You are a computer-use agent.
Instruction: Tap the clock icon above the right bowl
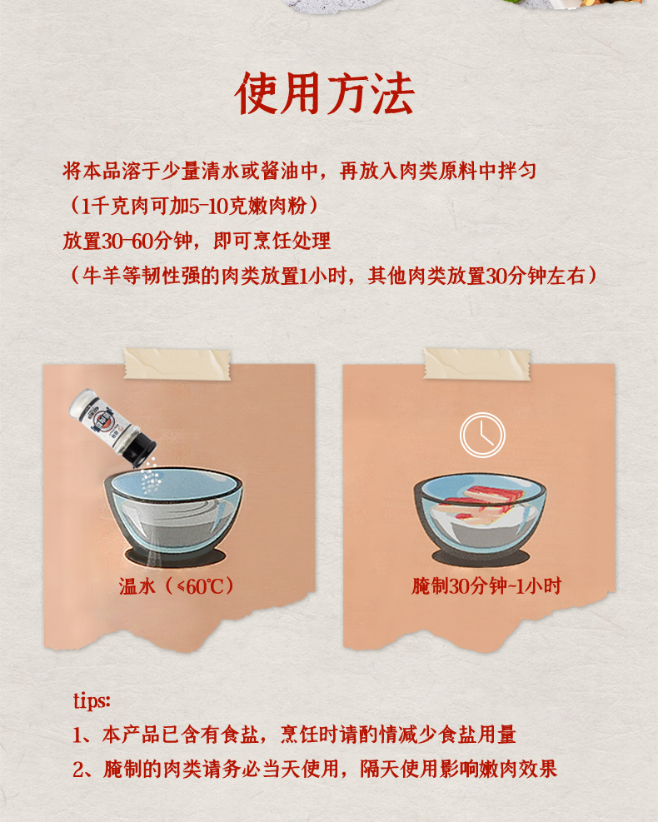click(483, 435)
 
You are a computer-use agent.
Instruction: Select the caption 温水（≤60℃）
click(177, 586)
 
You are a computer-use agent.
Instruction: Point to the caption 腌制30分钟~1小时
click(486, 586)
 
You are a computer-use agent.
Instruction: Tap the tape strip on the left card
click(177, 364)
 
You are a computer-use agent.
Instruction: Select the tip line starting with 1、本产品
click(293, 735)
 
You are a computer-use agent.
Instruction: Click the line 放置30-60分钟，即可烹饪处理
click(197, 242)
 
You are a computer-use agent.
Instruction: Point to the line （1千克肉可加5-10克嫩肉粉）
click(193, 206)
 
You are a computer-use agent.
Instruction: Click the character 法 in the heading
click(391, 94)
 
